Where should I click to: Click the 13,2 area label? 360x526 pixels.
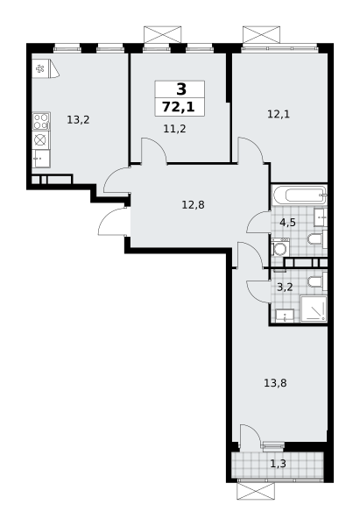tap(79, 120)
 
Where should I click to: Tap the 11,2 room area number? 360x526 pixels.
tap(174, 128)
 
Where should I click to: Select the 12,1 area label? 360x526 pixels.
tap(279, 113)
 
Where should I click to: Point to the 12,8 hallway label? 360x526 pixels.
tap(193, 205)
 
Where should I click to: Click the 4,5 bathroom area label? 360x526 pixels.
tap(287, 223)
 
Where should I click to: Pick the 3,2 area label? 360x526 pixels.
tap(285, 286)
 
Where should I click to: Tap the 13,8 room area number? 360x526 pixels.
tap(276, 382)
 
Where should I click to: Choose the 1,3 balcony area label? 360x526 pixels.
tap(278, 464)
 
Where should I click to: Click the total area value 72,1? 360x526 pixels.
tap(179, 107)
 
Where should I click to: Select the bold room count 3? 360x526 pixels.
tap(180, 89)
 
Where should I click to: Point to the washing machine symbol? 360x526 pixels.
tap(280, 248)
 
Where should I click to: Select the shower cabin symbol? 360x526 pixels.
tap(313, 309)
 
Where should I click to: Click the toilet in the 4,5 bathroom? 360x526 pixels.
tap(315, 238)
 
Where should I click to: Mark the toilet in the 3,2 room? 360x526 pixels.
tap(315, 281)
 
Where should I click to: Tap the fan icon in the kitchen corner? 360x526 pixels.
tap(40, 68)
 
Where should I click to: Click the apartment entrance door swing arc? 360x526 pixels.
tap(110, 223)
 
